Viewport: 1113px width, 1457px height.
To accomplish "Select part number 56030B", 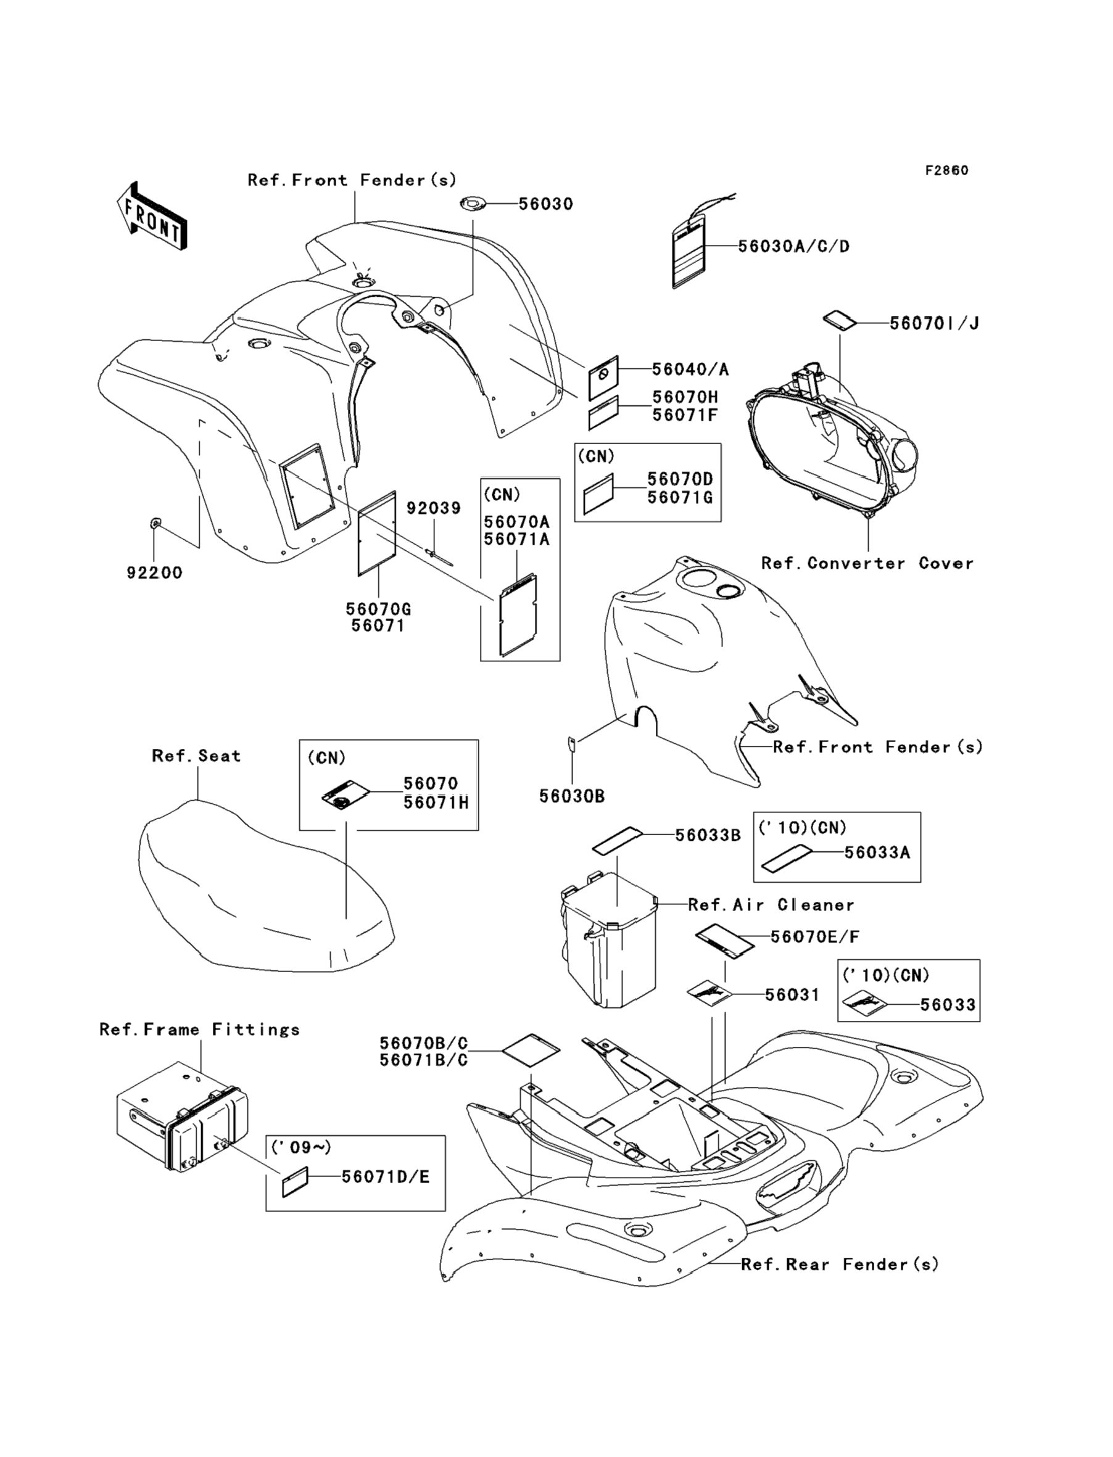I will pos(572,796).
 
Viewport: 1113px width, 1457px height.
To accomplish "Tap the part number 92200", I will pos(154,573).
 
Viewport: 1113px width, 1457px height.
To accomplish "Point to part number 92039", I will pos(433,509).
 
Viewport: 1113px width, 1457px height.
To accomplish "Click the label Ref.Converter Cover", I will pos(867,564).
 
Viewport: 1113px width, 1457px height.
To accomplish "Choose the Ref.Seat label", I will pos(196,756).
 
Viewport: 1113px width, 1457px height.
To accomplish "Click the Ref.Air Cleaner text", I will pos(771,905).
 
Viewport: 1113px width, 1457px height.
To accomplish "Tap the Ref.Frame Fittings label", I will pos(199,1030).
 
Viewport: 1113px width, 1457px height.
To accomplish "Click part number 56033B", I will pos(708,836).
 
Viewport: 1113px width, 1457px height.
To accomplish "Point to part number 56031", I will pos(792,995).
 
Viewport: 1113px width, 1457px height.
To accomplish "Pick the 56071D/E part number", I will pos(386,1176).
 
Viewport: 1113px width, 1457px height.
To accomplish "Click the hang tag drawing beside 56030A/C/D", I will pos(690,254).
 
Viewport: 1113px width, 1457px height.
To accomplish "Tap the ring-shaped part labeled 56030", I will pos(472,204).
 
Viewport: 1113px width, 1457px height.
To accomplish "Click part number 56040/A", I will pos(690,369).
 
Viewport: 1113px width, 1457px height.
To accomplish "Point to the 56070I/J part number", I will pos(934,323).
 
